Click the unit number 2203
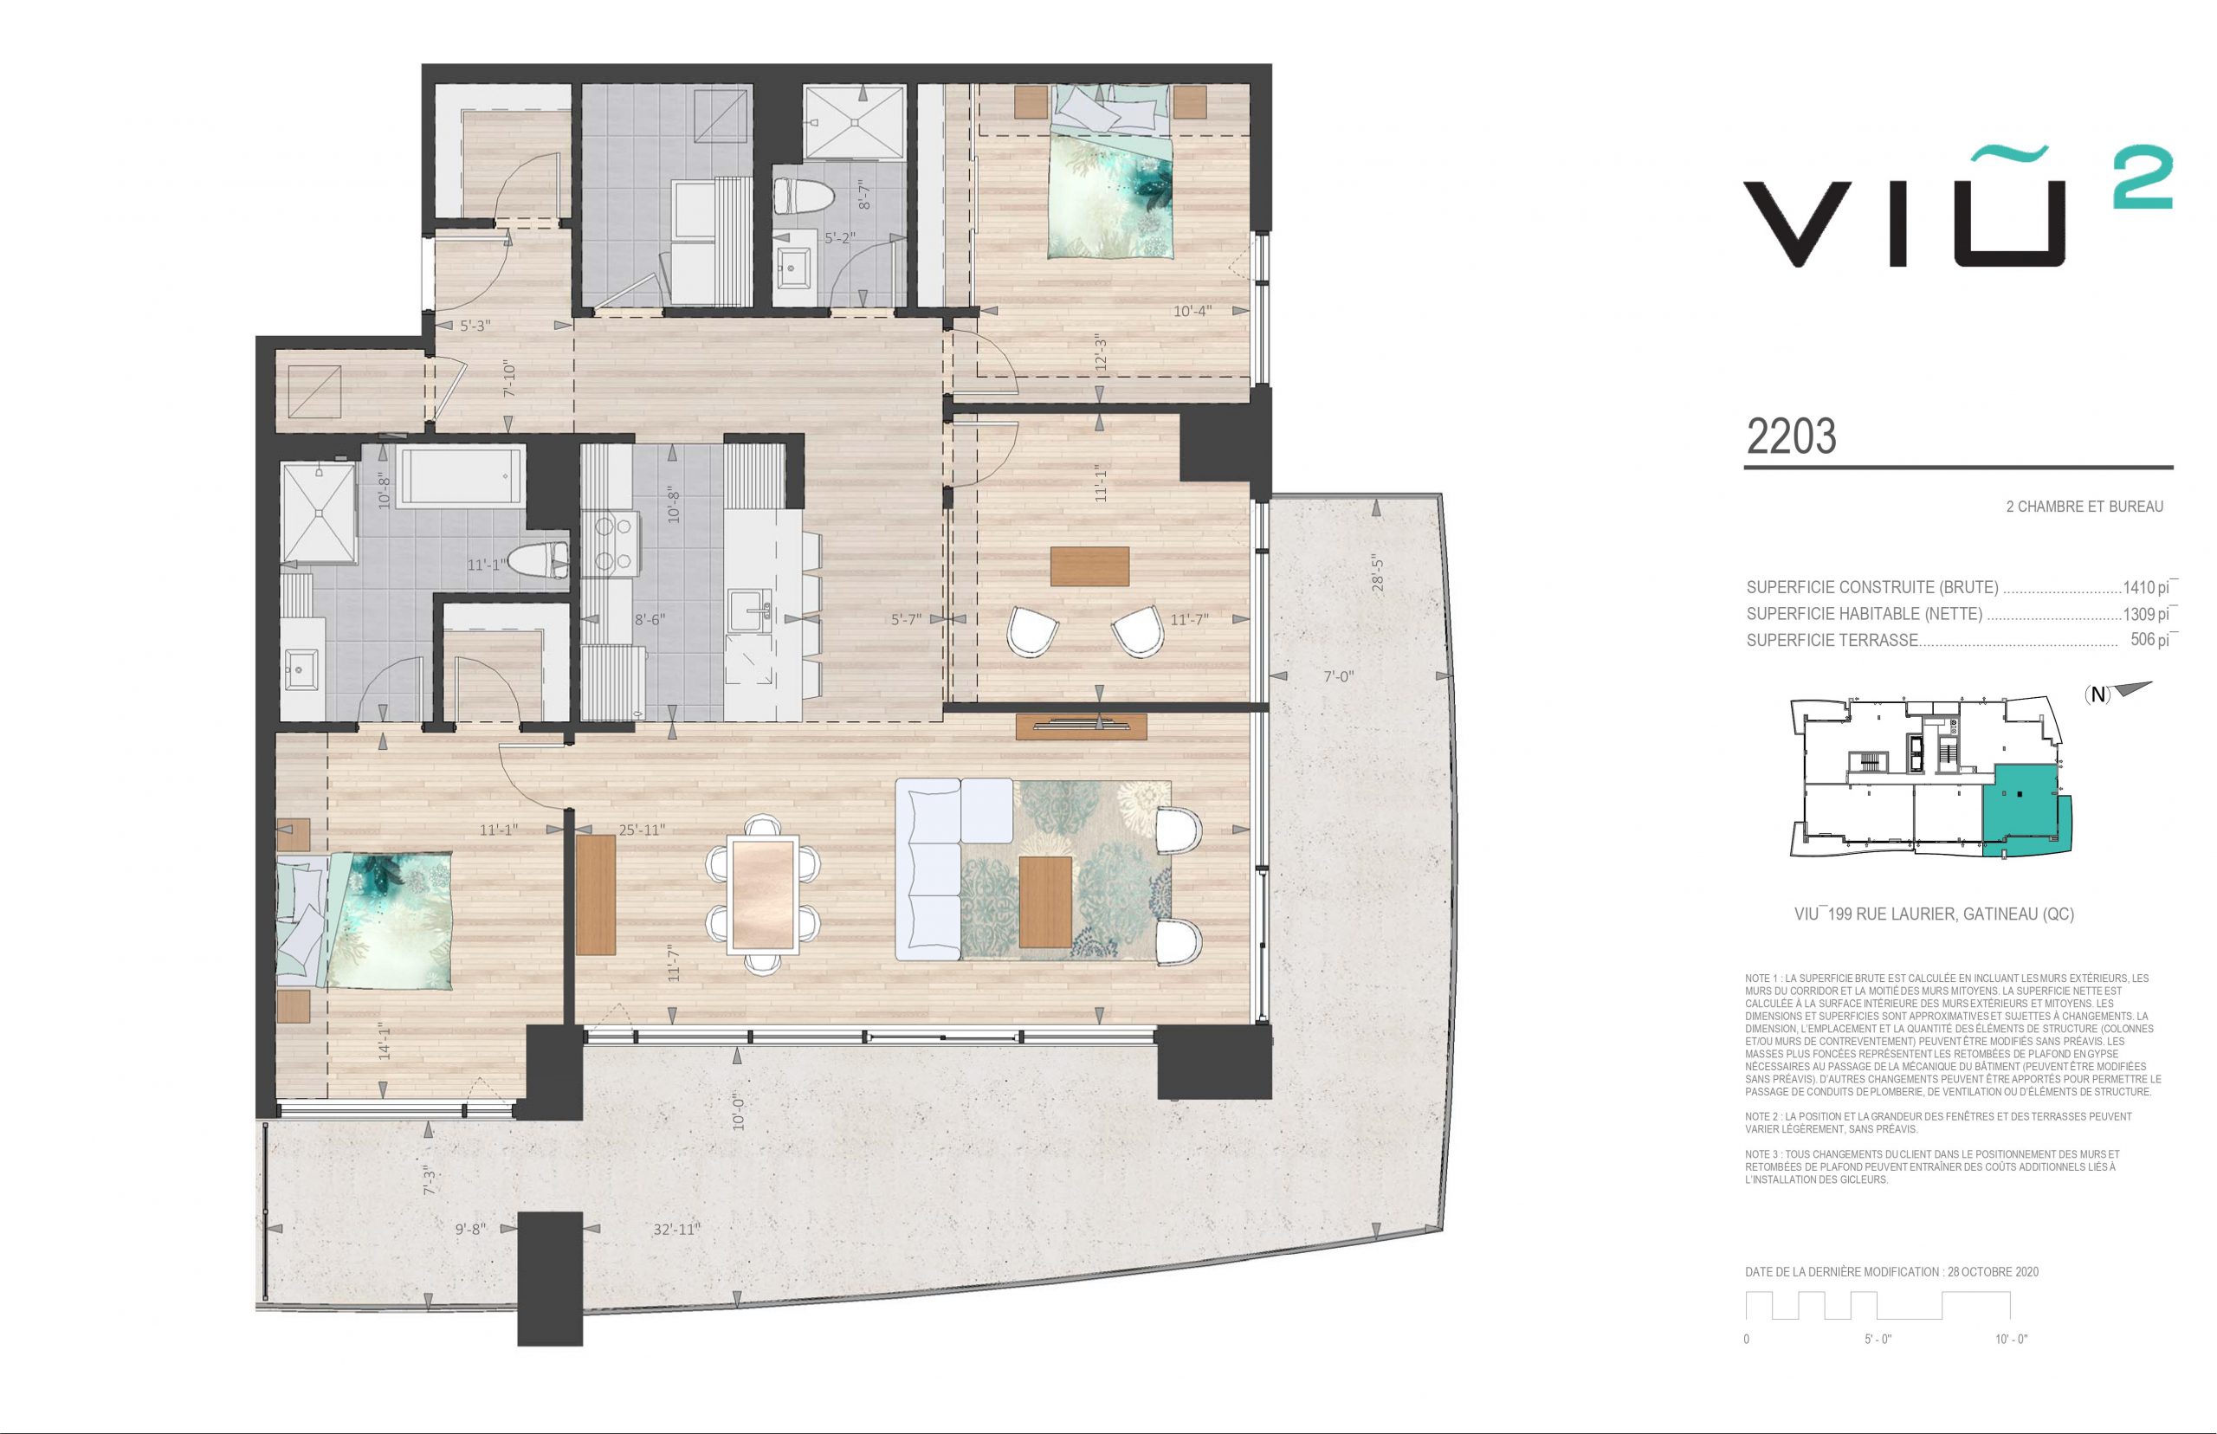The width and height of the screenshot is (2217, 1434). [x=1791, y=436]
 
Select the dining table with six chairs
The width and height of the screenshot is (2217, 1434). [x=764, y=895]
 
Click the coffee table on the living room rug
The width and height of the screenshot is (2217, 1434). [x=1045, y=901]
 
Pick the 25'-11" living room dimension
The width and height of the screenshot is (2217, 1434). [x=642, y=830]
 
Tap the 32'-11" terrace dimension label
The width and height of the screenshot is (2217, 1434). [x=677, y=1229]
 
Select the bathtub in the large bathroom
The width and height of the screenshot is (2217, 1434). [x=460, y=475]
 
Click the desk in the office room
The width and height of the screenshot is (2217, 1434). [x=1089, y=567]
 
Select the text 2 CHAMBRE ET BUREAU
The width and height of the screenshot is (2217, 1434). [x=2084, y=507]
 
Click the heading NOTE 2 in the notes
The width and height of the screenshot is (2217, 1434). [x=1764, y=1116]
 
